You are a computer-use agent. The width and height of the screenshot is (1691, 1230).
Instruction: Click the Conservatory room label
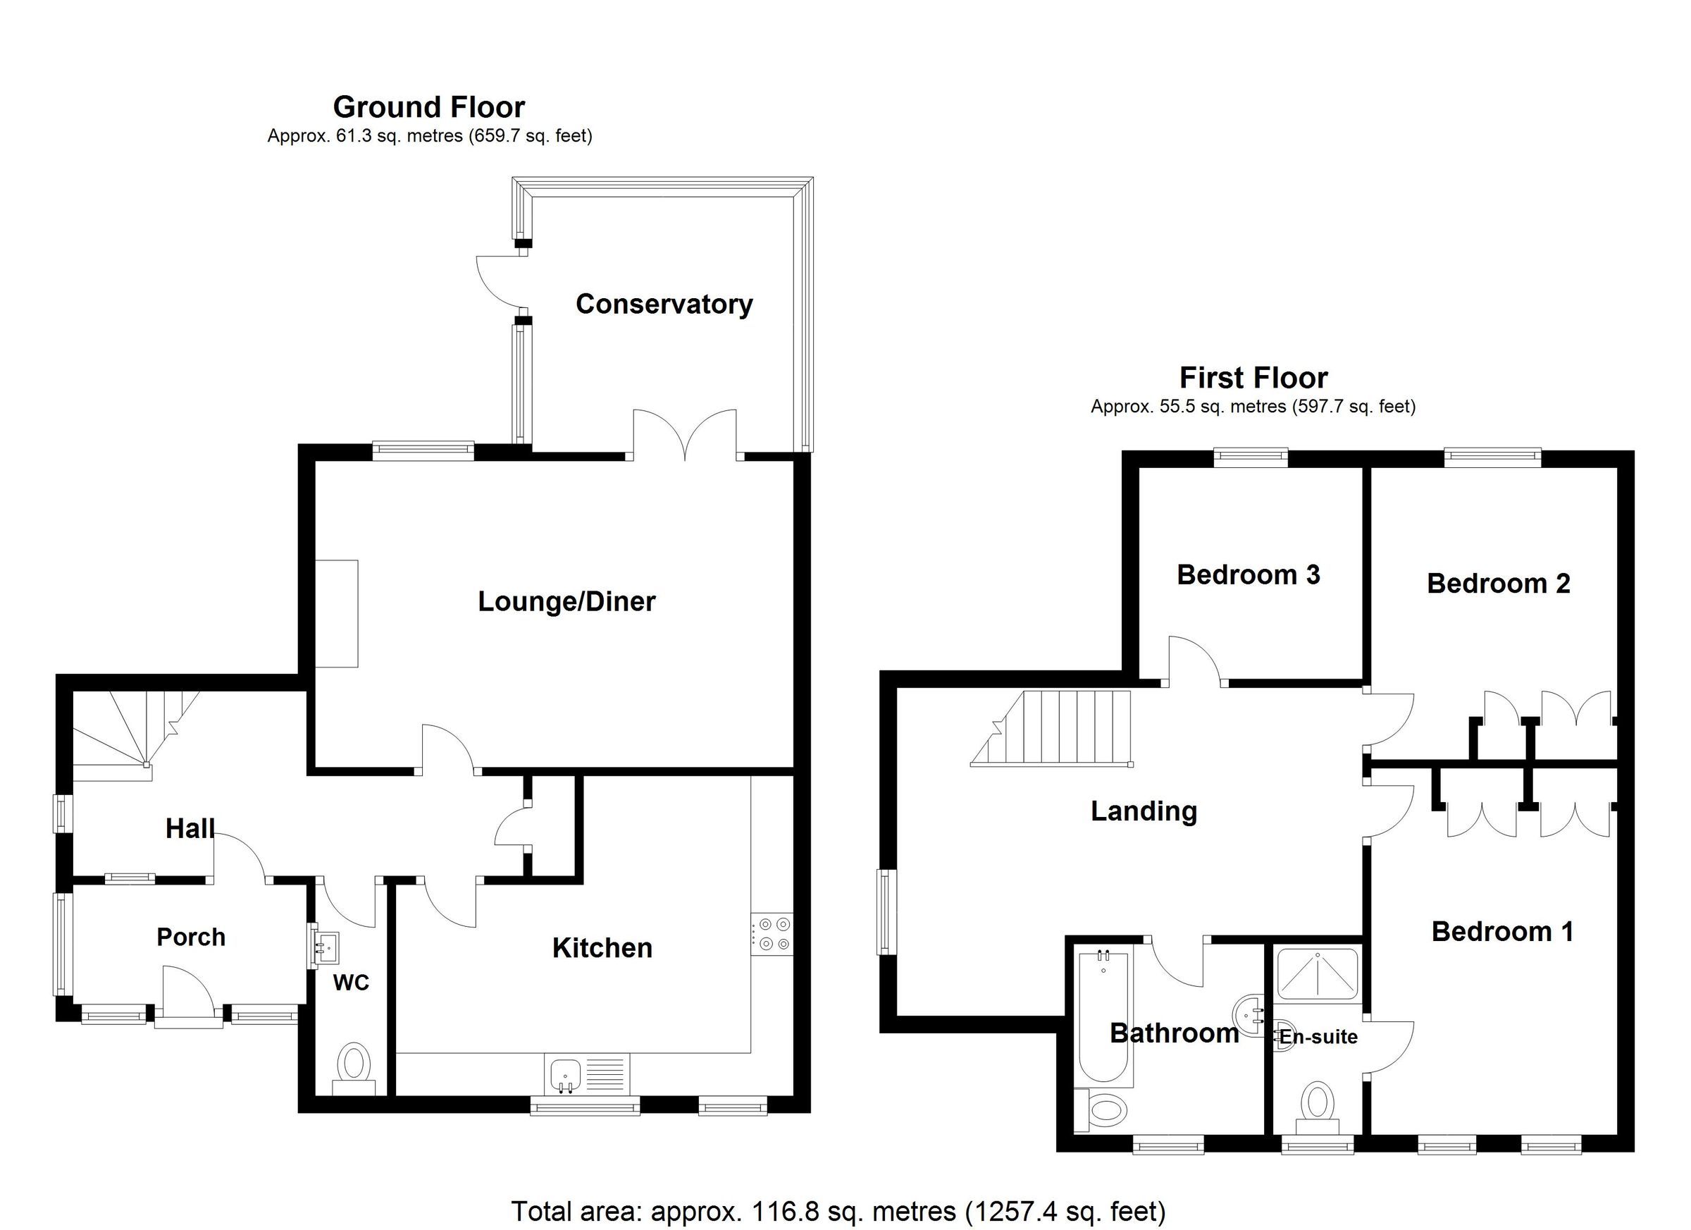pyautogui.click(x=664, y=305)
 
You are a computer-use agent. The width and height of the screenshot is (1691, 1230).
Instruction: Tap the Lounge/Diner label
pyautogui.click(x=566, y=601)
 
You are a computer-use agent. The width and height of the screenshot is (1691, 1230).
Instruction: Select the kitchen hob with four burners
pyautogui.click(x=772, y=934)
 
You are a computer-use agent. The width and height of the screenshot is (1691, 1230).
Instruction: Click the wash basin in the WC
pyautogui.click(x=326, y=947)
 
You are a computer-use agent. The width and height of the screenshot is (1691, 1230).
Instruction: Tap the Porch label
pyautogui.click(x=191, y=937)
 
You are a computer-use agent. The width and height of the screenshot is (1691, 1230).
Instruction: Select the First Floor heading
pyautogui.click(x=1253, y=379)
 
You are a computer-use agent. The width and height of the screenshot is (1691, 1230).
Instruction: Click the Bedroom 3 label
pyautogui.click(x=1248, y=574)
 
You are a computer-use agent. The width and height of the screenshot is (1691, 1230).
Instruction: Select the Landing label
pyautogui.click(x=1144, y=811)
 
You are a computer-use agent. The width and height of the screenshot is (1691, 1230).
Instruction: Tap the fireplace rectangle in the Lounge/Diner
pyautogui.click(x=336, y=613)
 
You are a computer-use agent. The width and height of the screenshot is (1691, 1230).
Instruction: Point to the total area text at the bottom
pyautogui.click(x=838, y=1212)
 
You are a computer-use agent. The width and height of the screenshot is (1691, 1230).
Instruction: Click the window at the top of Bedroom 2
pyautogui.click(x=1493, y=457)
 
